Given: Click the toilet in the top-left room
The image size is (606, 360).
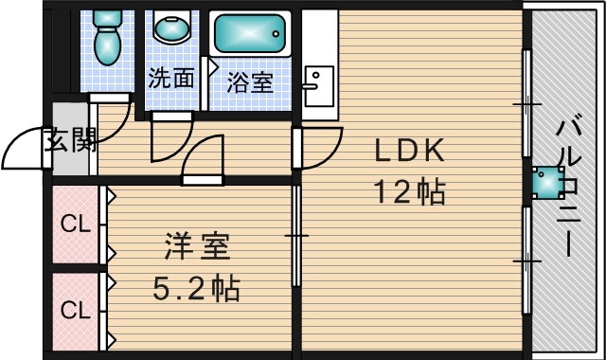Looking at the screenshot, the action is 108,37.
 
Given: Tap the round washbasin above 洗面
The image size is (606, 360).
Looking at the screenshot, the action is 172,27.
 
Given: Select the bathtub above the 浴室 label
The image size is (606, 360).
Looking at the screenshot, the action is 250,34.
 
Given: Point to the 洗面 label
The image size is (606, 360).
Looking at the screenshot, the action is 171,78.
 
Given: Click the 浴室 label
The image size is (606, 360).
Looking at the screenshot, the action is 250,82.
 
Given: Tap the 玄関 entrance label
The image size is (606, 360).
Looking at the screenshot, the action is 69,139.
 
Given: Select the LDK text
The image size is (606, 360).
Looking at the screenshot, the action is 410,150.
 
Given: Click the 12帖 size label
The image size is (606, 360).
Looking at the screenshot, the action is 410,191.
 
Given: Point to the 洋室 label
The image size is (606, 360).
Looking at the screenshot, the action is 197,246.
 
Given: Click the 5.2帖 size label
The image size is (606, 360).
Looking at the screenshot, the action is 196,288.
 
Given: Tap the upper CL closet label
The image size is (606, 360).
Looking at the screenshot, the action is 76,224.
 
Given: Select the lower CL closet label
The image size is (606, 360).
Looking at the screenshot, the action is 76,310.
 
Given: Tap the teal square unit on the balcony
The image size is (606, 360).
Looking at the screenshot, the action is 548,183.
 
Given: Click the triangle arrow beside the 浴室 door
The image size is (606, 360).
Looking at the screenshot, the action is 213,67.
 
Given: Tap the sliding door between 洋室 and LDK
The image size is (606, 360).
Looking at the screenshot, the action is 296,236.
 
